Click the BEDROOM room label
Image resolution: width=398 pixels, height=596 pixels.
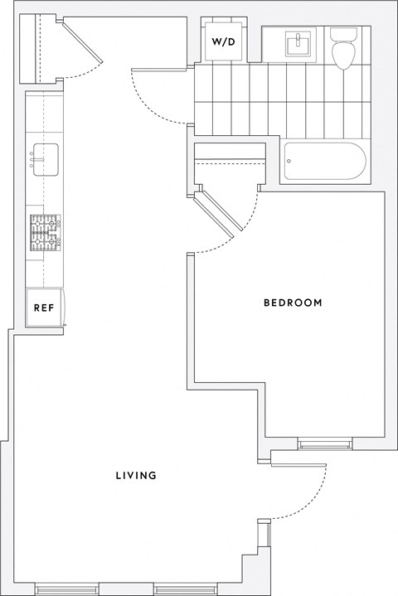(x=293, y=303)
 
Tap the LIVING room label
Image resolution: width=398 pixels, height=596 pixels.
(x=137, y=476)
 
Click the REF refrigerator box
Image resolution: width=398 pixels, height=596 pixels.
(x=44, y=308)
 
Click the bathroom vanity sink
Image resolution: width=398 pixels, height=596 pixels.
(x=296, y=43)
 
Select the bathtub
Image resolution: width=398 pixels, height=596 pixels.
(x=323, y=162)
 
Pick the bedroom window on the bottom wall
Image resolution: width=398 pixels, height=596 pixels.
(x=324, y=444)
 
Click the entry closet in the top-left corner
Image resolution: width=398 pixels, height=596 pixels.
(x=39, y=48)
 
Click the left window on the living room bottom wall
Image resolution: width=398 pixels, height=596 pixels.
(x=66, y=589)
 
